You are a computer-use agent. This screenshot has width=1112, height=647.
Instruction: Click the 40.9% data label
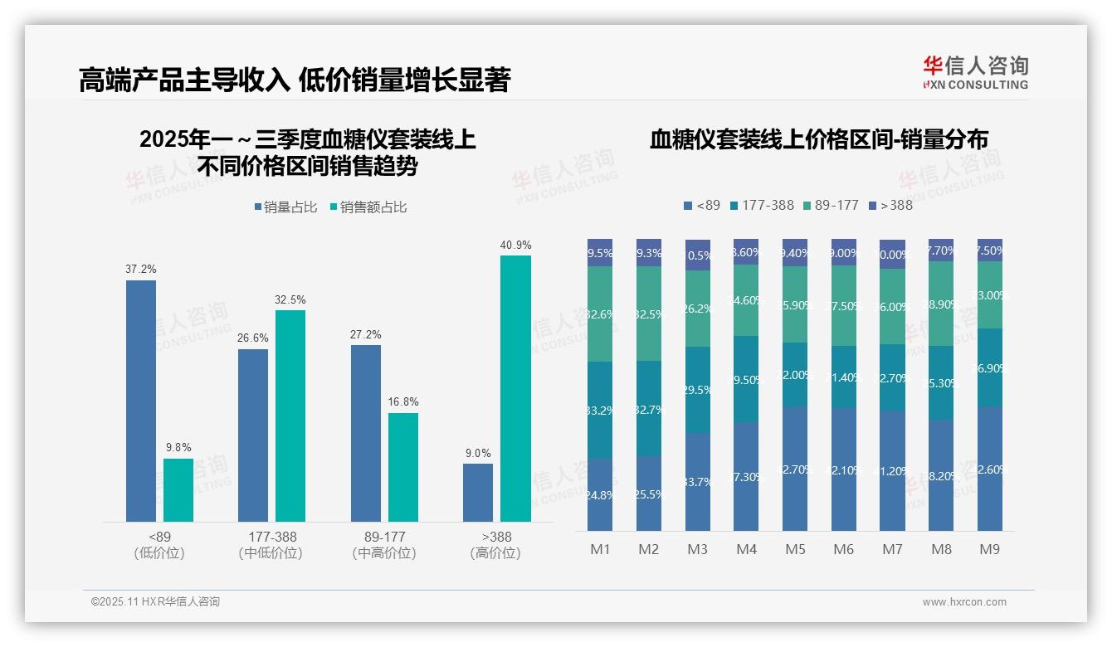coord(515,246)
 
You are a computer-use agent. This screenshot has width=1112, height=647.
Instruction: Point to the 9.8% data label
coord(178,447)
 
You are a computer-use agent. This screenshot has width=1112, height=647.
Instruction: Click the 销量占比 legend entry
coord(285,207)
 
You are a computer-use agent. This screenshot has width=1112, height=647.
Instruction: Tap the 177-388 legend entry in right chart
coord(761,205)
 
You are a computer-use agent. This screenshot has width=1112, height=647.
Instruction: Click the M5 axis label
coord(795,549)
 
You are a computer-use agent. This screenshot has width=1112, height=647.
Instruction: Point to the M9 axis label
coord(989,549)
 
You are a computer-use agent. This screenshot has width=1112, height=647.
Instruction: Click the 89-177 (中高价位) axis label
coord(384,544)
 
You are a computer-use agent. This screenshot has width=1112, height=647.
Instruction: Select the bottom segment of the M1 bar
coord(600,494)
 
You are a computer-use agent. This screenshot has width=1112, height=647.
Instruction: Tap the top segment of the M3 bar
coord(698,255)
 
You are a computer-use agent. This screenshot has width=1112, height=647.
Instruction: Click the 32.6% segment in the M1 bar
coord(600,314)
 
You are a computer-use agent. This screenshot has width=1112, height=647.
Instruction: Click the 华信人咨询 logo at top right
coord(975,72)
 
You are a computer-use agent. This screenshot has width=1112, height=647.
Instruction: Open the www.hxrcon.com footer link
coord(963,602)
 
